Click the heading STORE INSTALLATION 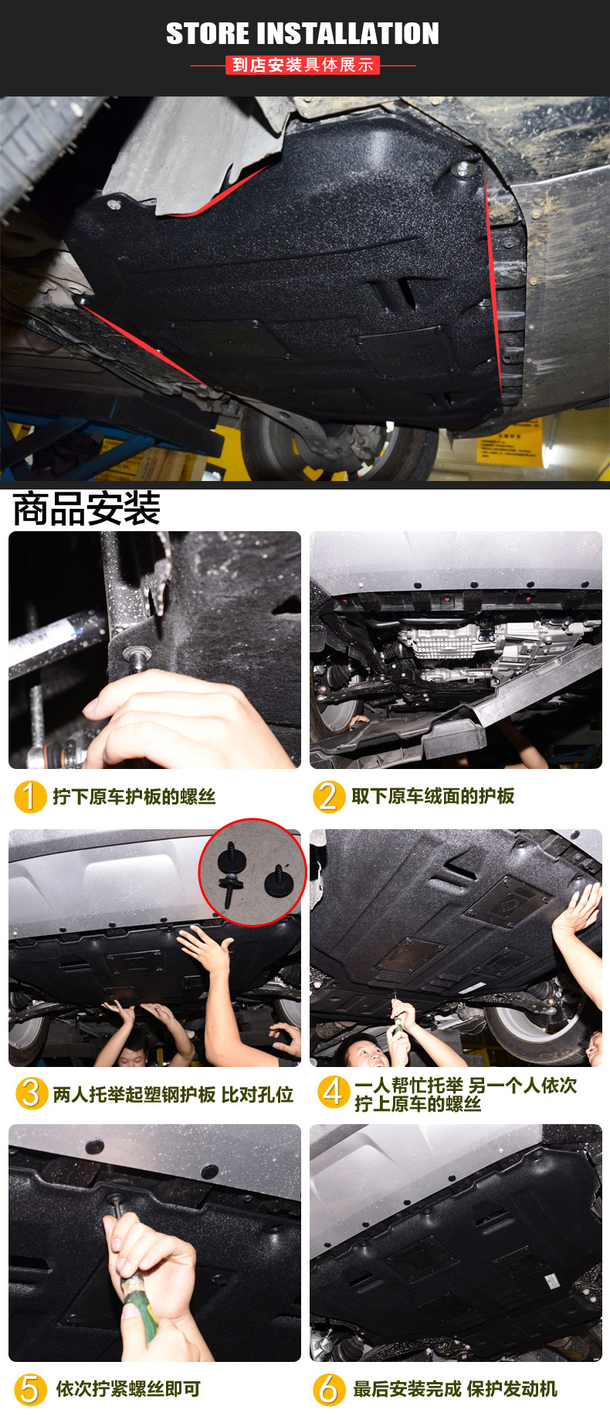(303, 33)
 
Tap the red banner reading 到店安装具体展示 (303, 65)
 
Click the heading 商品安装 (86, 508)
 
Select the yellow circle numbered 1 (30, 796)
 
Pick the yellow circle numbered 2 (328, 796)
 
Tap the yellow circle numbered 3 (31, 1092)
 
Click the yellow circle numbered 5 (29, 1389)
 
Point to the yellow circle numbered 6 (328, 1389)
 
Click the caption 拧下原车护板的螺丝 (134, 797)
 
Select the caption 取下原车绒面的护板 (433, 796)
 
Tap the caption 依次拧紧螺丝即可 (128, 1389)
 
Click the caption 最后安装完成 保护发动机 (455, 1389)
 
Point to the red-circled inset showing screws (253, 872)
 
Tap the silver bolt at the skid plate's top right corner (462, 168)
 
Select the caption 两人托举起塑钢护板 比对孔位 (173, 1094)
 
